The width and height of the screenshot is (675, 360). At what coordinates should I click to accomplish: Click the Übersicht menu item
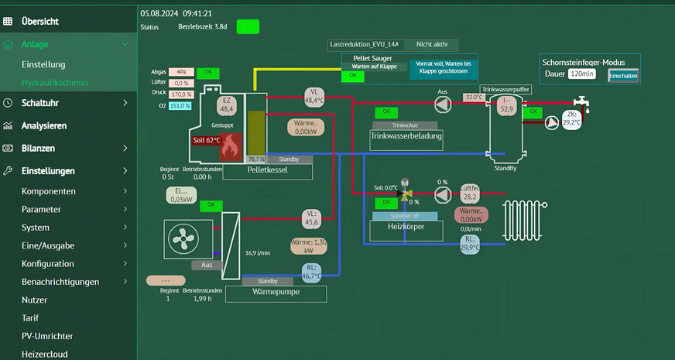click(39, 22)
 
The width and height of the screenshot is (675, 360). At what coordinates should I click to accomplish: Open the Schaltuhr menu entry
click(40, 103)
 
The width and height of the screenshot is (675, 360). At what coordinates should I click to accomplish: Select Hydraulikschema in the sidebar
click(54, 83)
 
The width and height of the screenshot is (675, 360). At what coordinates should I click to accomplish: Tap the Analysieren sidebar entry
click(43, 125)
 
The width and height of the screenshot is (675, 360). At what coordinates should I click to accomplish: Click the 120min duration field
click(581, 74)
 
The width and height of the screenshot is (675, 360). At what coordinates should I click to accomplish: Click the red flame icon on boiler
click(229, 150)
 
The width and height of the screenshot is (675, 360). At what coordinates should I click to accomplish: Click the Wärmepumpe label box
click(275, 293)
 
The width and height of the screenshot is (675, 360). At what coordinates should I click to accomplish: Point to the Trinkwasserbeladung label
click(406, 136)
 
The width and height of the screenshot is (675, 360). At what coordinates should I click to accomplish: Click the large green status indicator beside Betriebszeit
click(248, 27)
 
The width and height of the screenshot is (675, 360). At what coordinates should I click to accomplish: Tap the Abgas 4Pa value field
click(180, 71)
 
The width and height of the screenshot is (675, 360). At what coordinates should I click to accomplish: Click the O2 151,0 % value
click(180, 105)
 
